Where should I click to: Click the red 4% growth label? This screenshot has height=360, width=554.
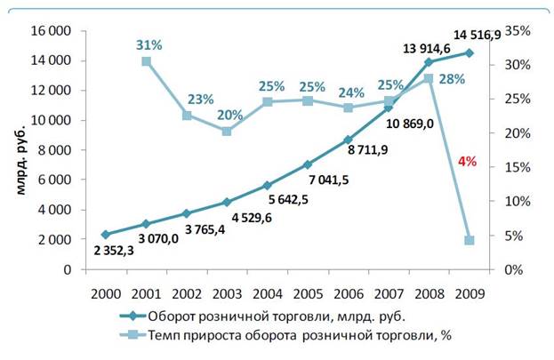tap(467, 162)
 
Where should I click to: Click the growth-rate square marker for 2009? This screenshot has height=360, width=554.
tap(470, 240)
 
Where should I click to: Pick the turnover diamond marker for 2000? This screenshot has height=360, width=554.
tap(106, 234)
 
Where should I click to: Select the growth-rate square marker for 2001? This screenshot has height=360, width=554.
tap(147, 61)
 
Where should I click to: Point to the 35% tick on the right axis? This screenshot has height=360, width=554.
tap(517, 30)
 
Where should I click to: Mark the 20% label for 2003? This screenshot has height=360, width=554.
tap(227, 115)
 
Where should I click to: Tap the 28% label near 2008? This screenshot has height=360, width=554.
tap(452, 80)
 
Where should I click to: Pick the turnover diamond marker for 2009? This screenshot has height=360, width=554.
tap(470, 52)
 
